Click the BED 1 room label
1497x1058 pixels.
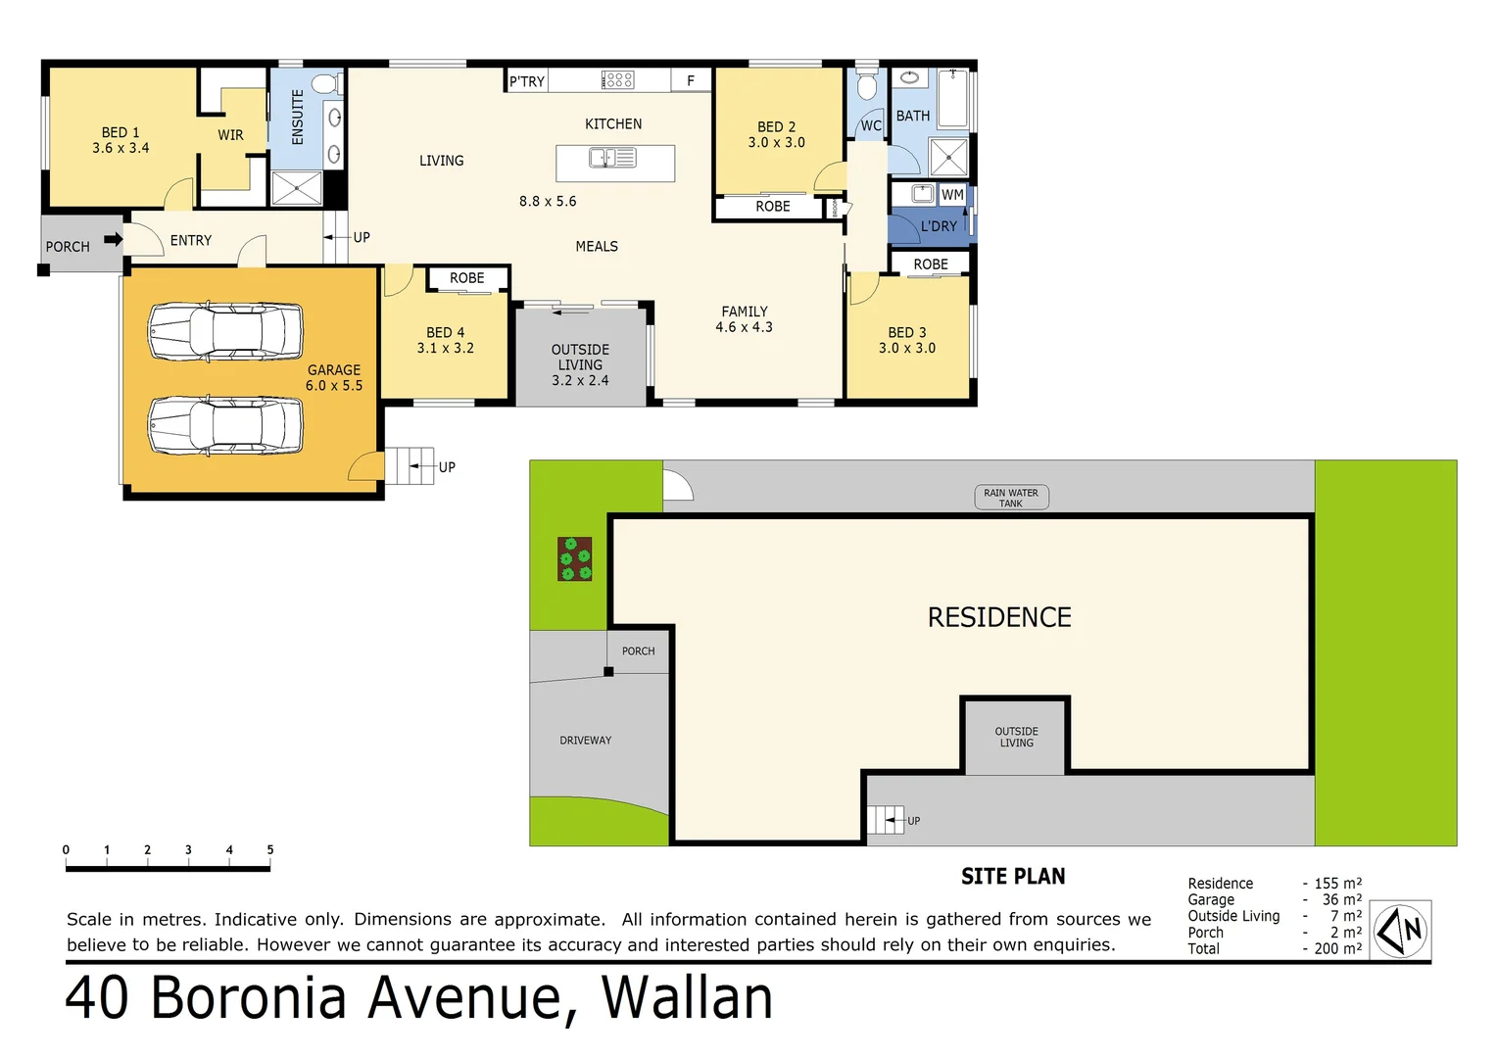121,140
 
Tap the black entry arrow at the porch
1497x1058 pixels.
113,239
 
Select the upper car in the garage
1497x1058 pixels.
225,331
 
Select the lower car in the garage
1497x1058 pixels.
225,425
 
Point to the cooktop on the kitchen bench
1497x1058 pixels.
617,80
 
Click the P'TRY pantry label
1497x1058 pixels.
527,81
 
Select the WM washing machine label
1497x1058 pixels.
952,195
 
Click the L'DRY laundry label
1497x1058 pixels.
938,226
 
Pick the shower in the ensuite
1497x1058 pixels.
296,188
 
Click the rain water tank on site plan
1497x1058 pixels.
1011,498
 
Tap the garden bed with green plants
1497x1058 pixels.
575,559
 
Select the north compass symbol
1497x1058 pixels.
1400,930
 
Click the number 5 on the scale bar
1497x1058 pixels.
270,849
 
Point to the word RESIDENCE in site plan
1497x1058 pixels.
998,617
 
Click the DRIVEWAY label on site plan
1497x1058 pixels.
585,741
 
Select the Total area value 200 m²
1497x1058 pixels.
1338,948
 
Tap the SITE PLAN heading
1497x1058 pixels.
1012,877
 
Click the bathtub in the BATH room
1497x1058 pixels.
952,99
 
